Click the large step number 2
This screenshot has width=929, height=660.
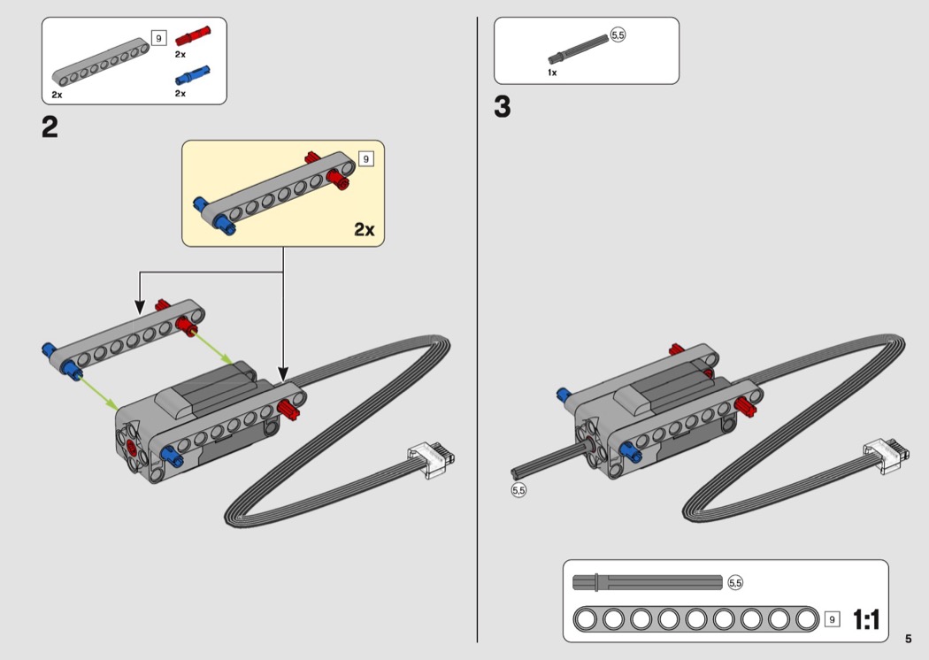point(50,128)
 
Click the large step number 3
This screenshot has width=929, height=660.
point(503,108)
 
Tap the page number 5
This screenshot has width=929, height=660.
point(908,638)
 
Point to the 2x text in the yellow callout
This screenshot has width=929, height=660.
point(364,229)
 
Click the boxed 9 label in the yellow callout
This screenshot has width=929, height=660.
point(366,159)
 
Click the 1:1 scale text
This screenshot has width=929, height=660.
point(866,619)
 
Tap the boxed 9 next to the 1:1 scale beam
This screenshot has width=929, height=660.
point(832,618)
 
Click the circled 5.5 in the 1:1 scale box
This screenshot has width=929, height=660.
point(735,582)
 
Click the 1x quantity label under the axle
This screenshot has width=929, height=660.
point(552,73)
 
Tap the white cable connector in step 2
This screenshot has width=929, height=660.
point(431,459)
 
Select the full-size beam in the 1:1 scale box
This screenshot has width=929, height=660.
point(695,618)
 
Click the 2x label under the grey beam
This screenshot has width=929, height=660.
point(57,94)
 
